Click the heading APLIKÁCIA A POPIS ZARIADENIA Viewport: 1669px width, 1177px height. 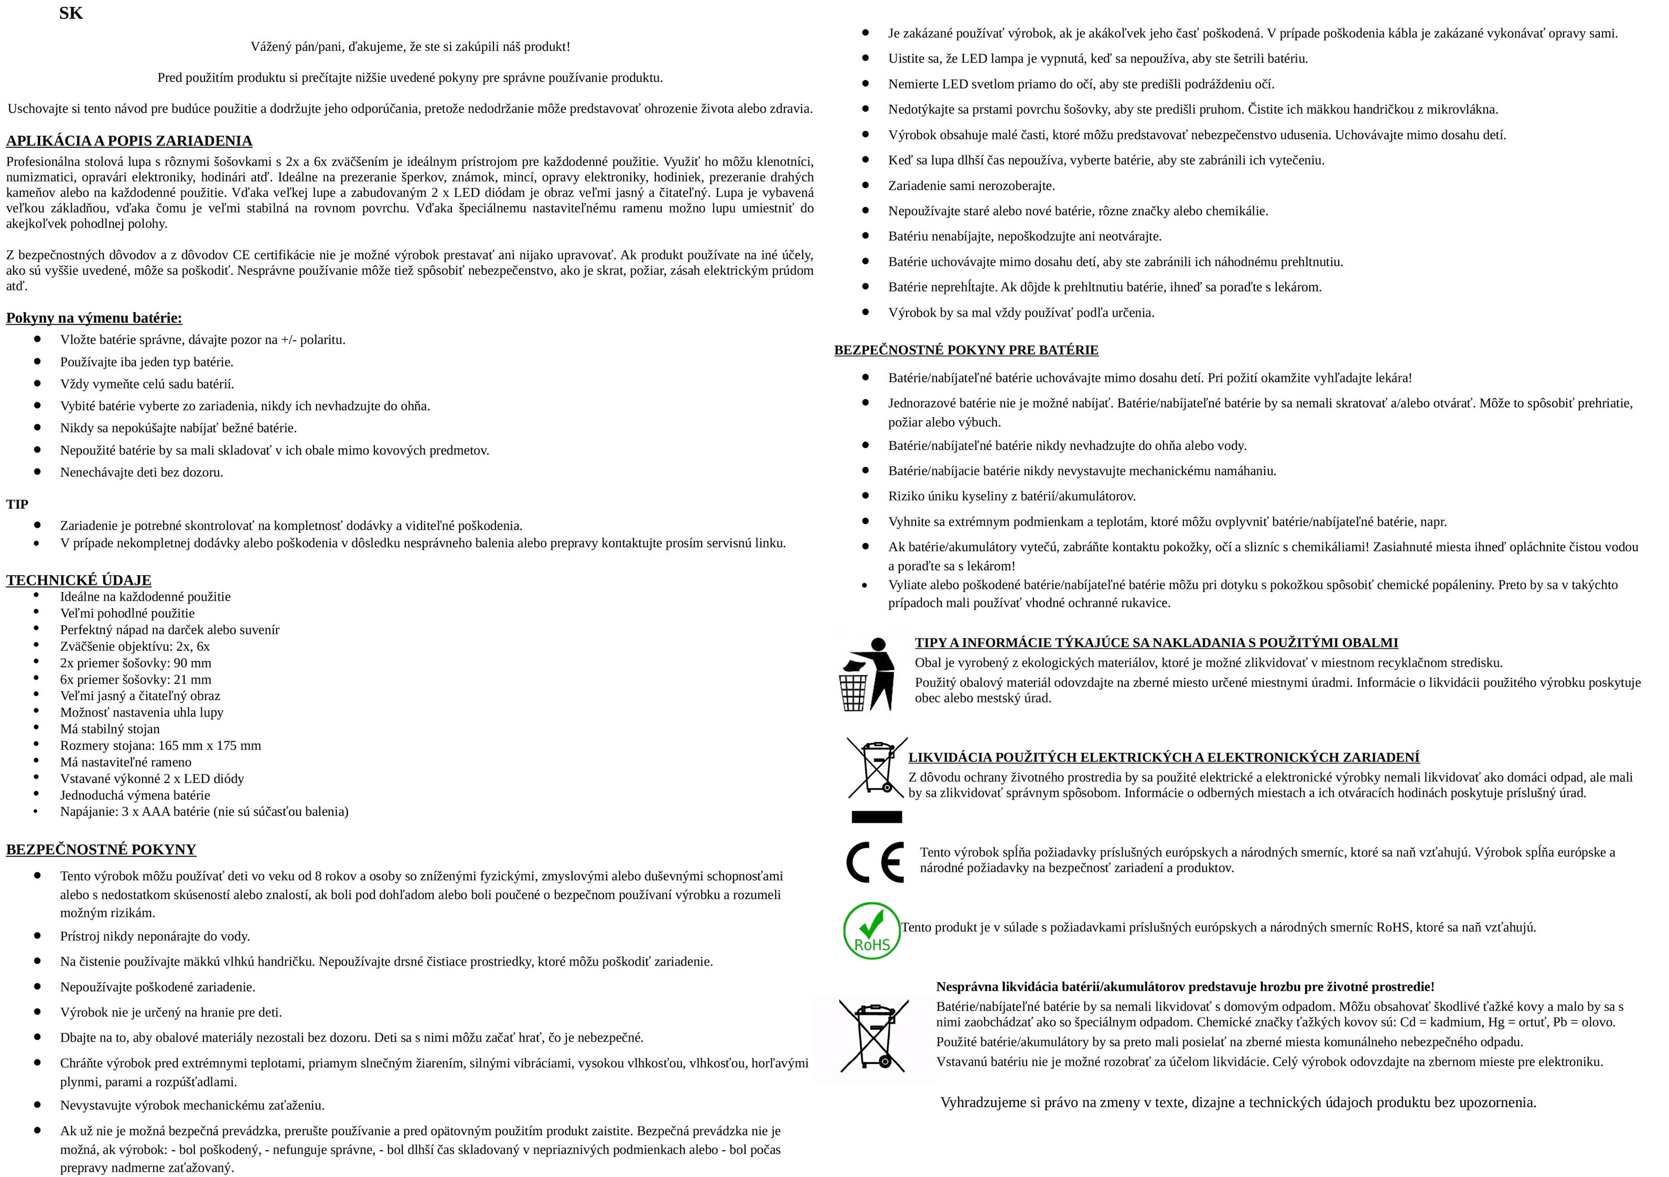130,141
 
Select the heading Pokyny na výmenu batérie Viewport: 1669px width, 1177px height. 94,318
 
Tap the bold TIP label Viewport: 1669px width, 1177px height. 17,504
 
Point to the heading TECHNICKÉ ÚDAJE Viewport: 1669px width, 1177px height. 79,580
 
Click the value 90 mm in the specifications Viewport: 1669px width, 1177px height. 192,663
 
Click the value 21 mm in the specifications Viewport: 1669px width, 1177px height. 192,680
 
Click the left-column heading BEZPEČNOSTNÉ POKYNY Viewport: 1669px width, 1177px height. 101,850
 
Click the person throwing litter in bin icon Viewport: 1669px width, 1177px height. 866,674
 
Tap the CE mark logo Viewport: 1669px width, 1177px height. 875,862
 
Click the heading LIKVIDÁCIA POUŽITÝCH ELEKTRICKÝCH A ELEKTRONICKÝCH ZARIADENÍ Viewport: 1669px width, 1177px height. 1163,757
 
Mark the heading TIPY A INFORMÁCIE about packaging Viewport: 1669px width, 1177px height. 1156,643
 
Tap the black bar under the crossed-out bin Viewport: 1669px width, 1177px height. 876,817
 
